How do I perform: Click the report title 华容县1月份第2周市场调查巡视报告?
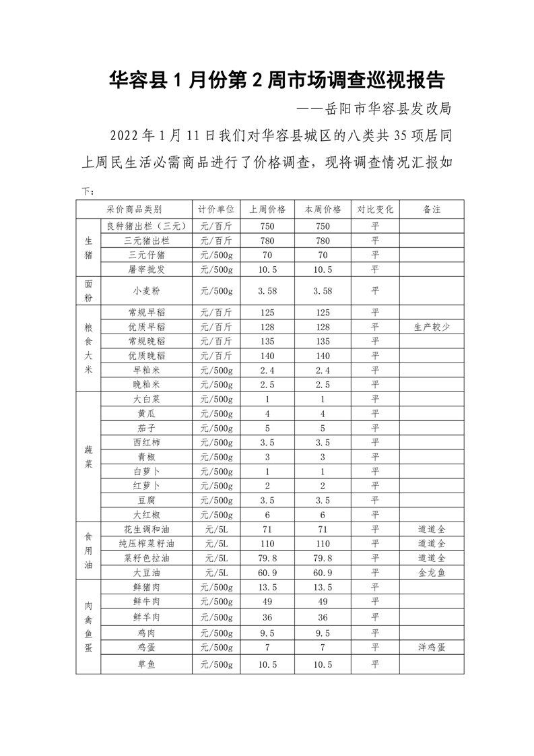277,81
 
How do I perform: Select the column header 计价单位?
215,209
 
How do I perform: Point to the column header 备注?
432,209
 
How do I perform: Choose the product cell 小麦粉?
146,291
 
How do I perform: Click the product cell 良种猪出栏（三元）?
146,226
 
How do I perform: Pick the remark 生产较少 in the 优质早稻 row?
432,327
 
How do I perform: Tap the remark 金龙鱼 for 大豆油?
432,572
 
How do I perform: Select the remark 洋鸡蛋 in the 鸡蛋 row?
432,647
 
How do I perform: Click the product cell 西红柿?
146,442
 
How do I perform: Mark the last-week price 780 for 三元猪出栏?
267,241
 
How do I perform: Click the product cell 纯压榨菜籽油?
146,543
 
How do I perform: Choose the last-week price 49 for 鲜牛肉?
267,601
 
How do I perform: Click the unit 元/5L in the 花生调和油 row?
215,529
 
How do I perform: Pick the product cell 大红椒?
146,514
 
